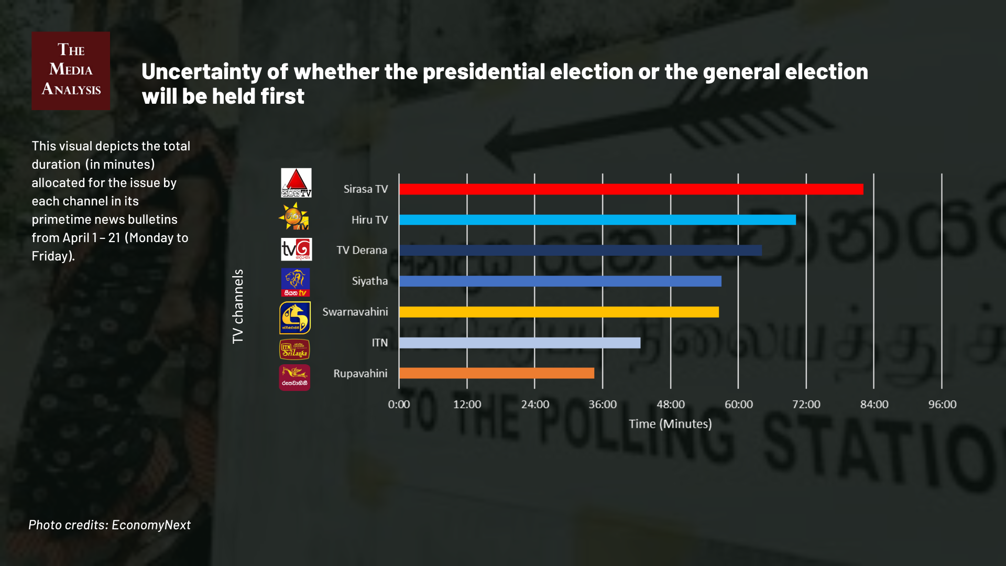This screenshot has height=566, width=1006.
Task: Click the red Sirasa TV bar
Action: [631, 189]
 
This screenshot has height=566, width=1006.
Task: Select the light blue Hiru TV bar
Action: [597, 220]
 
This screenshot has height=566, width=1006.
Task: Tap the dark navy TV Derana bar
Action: [581, 251]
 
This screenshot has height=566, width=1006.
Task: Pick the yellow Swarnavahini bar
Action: [559, 312]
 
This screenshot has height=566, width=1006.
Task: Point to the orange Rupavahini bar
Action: [497, 373]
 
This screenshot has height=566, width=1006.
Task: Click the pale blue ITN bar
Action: [520, 343]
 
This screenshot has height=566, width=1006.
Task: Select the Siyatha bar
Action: [560, 281]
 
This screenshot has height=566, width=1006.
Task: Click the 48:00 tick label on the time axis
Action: [671, 405]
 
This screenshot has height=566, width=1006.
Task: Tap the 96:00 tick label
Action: [942, 405]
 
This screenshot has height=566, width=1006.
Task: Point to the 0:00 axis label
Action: [399, 405]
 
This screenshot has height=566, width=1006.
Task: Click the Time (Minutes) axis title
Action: [670, 424]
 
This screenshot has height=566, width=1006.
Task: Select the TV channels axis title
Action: [238, 307]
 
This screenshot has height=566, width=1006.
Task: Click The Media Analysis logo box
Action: [71, 71]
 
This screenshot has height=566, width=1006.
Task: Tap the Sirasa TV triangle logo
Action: [296, 182]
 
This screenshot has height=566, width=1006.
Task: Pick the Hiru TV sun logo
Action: [294, 216]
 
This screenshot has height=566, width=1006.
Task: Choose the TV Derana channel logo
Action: [296, 249]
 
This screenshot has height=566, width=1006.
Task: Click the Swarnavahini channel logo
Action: [295, 318]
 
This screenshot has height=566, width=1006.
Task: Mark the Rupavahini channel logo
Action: [294, 377]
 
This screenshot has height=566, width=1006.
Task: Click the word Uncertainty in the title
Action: [201, 72]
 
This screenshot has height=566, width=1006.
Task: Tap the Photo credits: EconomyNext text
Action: [110, 525]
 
